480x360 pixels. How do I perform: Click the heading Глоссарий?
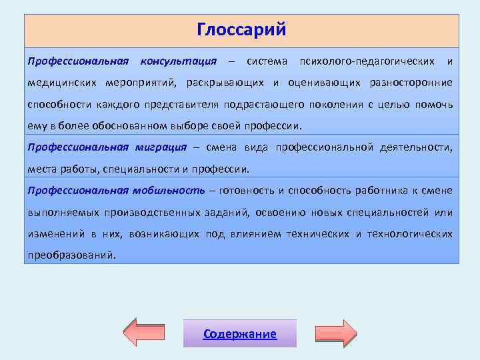pos(241,30)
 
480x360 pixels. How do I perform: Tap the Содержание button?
pos(240,334)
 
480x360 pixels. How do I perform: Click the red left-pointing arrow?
pos(149,333)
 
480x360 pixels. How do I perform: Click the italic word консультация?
pos(178,61)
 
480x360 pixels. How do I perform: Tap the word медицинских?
pos(63,83)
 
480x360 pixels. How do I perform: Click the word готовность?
pos(246,191)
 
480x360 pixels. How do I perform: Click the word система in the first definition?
pos(267,61)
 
